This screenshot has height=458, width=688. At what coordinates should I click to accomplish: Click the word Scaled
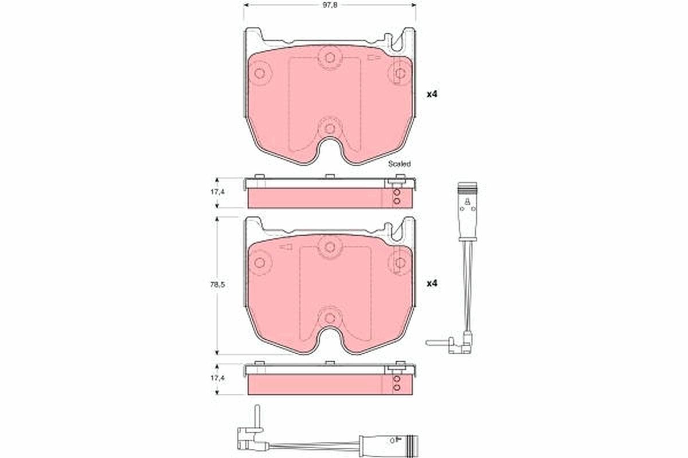pyautogui.click(x=400, y=164)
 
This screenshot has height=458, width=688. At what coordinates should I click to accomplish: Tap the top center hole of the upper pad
pyautogui.click(x=329, y=58)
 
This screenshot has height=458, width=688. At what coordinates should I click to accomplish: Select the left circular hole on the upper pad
pyautogui.click(x=259, y=73)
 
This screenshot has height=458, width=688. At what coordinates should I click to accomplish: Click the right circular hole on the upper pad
pyautogui.click(x=400, y=73)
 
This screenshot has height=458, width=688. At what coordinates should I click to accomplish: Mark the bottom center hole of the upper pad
pyautogui.click(x=329, y=128)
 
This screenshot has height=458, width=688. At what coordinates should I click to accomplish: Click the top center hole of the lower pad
pyautogui.click(x=329, y=247)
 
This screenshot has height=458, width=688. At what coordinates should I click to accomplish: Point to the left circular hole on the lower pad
pyautogui.click(x=259, y=262)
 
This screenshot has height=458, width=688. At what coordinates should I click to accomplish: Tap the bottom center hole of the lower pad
pyautogui.click(x=329, y=317)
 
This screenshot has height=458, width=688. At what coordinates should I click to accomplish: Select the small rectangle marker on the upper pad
pyautogui.click(x=374, y=58)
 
